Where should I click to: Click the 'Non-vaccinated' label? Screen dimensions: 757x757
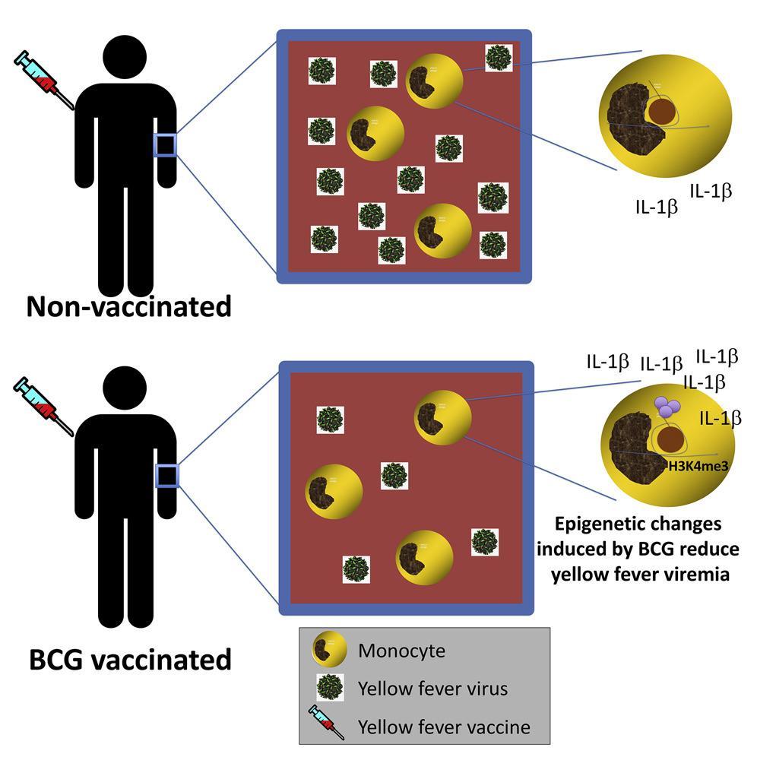[x=128, y=307]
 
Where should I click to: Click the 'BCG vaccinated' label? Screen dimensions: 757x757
[x=129, y=658]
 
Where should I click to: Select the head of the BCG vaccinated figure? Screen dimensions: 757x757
[x=126, y=391]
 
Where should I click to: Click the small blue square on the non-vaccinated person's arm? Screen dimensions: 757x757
[x=165, y=144]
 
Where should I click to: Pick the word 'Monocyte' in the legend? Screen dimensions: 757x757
[x=401, y=651]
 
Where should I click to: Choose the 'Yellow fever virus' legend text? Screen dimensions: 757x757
[x=432, y=689]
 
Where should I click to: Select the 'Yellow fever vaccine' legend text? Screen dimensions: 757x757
[x=443, y=726]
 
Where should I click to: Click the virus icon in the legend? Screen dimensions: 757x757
[x=330, y=688]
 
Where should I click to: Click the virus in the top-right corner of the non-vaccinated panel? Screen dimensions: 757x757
[x=499, y=58]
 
